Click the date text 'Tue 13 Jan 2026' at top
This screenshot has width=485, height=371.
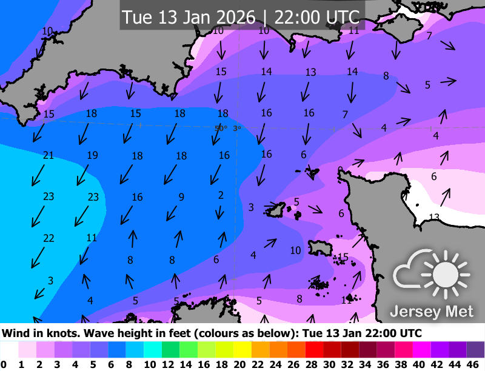click(189, 17)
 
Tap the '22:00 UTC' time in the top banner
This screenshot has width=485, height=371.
click(317, 17)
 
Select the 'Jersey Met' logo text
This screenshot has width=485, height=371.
click(432, 312)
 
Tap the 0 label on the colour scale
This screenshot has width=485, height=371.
click(4, 364)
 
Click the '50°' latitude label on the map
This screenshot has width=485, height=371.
click(221, 128)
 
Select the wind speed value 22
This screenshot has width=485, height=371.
click(48, 238)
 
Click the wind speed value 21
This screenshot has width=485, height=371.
click(48, 156)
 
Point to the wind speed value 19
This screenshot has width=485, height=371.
click(92, 156)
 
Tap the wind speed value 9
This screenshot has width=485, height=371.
click(181, 196)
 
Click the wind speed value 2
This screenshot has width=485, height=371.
click(221, 195)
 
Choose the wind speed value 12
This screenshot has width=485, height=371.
click(347, 299)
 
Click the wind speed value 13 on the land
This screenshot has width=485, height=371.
click(434, 217)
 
